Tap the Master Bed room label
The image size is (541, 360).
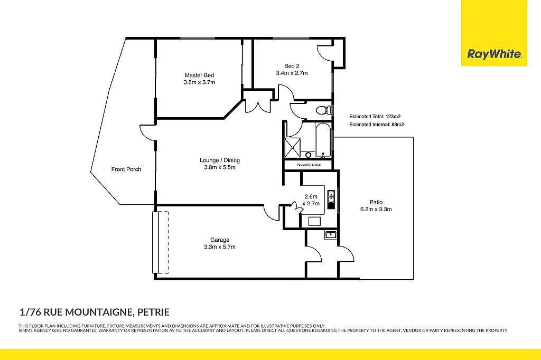199,75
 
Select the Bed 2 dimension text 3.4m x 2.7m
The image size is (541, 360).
292,73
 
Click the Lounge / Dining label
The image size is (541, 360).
220,160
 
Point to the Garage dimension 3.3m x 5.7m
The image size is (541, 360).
220,247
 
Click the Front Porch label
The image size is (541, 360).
126,169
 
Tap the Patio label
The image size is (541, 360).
376,202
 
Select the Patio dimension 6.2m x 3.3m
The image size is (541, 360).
376,209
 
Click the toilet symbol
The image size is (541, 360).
324,110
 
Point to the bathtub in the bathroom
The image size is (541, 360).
323,140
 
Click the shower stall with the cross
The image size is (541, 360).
293,148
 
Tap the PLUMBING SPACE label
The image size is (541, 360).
309,165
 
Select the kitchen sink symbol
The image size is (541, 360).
331,200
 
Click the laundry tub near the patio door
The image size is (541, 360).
331,235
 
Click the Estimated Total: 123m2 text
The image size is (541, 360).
375,117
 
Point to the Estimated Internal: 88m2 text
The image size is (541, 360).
376,125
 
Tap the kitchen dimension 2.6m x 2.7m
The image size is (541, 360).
311,200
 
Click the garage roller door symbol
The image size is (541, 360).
161,242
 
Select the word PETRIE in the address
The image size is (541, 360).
154,312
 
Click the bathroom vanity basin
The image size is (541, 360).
308,155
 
